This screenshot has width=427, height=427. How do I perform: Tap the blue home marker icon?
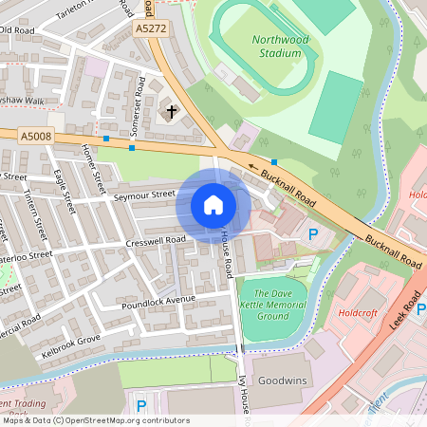pyautogui.click(x=213, y=205)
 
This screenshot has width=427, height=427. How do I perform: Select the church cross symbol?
pyautogui.click(x=172, y=112)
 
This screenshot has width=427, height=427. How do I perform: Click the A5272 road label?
pyautogui.click(x=150, y=29)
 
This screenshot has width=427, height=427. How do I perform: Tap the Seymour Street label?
pyautogui.click(x=145, y=195)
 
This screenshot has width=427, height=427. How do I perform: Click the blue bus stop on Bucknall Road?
pyautogui.click(x=274, y=162)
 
